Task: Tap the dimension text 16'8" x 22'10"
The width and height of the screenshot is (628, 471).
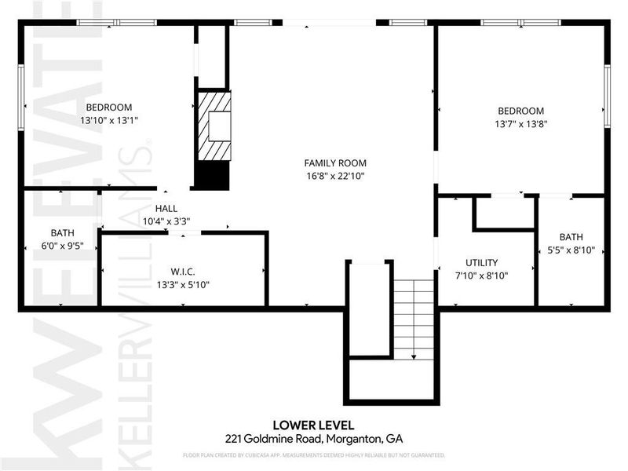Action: [334, 177]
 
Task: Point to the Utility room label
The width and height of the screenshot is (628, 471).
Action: [481, 263]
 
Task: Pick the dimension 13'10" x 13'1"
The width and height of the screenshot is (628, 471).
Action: [109, 121]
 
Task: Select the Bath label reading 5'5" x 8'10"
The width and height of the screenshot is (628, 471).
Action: [571, 237]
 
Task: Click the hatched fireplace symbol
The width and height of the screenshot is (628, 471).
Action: [214, 126]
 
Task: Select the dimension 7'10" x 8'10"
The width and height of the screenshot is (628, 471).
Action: [481, 276]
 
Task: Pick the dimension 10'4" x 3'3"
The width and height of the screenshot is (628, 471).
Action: [166, 222]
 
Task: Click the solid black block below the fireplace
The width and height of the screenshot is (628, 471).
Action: [210, 176]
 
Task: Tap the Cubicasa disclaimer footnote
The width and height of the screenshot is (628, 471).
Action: [314, 455]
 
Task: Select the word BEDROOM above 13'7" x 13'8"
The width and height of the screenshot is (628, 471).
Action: [519, 111]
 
